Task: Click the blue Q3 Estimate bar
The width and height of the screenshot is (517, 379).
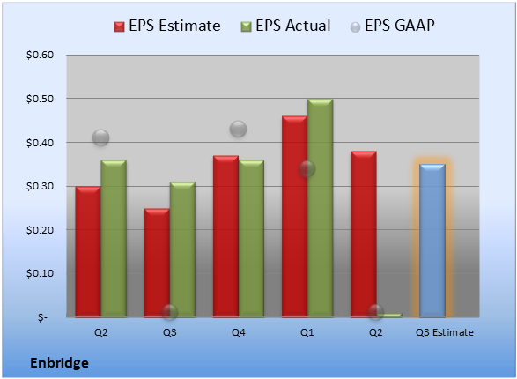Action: pyautogui.click(x=432, y=241)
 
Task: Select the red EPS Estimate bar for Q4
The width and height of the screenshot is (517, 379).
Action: pyautogui.click(x=225, y=236)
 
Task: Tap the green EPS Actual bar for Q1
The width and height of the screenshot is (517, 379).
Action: pyautogui.click(x=321, y=208)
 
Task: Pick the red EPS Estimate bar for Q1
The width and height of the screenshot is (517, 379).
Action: pyautogui.click(x=294, y=217)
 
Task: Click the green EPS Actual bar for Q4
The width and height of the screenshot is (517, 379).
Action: pyautogui.click(x=251, y=239)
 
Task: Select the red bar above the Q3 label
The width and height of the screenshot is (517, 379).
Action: pyautogui.click(x=157, y=263)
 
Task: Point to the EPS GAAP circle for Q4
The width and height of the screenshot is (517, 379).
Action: pyautogui.click(x=238, y=129)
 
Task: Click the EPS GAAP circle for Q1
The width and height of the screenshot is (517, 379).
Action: pyautogui.click(x=307, y=169)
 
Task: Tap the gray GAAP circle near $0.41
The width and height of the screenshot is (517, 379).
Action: pyautogui.click(x=100, y=137)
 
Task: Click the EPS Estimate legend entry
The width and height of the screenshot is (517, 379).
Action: pyautogui.click(x=167, y=26)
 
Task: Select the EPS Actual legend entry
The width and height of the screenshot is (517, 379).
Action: pyautogui.click(x=285, y=26)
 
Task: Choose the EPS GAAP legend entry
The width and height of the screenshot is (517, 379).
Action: pyautogui.click(x=392, y=26)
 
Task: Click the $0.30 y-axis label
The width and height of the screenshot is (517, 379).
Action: pyautogui.click(x=40, y=186)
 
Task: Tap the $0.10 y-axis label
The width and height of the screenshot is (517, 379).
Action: pyautogui.click(x=40, y=273)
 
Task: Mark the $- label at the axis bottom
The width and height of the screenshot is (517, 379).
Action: pyautogui.click(x=42, y=317)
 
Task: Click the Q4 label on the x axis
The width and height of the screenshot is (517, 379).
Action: pyautogui.click(x=239, y=332)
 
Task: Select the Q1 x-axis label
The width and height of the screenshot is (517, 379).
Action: pyautogui.click(x=307, y=332)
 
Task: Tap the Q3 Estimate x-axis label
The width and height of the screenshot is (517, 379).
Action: pyautogui.click(x=445, y=332)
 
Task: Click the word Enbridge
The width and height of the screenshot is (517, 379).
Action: pyautogui.click(x=59, y=363)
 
